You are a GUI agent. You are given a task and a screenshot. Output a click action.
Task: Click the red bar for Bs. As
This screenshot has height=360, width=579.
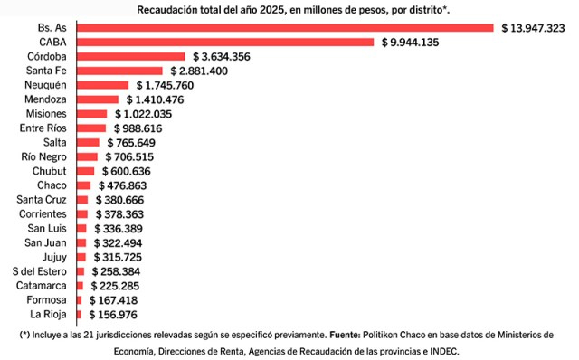click(285, 28)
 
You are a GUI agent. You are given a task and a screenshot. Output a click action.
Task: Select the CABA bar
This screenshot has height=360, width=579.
click(225, 43)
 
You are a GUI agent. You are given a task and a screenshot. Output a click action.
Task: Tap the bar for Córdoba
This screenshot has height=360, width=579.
click(130, 56)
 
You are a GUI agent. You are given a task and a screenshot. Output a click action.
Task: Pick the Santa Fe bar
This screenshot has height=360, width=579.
click(119, 71)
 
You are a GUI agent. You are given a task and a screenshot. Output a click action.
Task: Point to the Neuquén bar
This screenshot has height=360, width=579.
click(102, 85)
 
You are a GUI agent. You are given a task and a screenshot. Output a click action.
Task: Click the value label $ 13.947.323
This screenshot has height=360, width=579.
click(533, 28)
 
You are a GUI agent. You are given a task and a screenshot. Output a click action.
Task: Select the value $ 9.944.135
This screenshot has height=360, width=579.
click(410, 43)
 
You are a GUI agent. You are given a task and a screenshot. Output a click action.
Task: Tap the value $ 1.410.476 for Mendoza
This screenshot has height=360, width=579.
click(155, 99)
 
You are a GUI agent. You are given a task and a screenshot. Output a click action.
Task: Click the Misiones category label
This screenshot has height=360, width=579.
click(46, 114)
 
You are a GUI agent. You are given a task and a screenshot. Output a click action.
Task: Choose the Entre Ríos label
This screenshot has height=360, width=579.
click(43, 128)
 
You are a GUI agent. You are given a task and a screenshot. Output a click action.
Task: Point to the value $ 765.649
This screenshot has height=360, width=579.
click(131, 143)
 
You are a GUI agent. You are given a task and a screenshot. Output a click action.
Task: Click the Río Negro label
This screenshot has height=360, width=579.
click(44, 156)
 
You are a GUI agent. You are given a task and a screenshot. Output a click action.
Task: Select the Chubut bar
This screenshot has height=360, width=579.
click(85, 171)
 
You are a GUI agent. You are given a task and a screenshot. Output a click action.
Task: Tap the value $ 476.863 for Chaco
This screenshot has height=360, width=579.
click(123, 185)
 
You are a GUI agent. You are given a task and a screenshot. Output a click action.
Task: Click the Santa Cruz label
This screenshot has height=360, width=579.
click(42, 200)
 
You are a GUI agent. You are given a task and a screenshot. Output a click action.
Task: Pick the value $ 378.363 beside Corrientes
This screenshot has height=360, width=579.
click(119, 214)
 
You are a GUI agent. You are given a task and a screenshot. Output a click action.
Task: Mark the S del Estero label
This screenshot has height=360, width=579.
click(40, 271)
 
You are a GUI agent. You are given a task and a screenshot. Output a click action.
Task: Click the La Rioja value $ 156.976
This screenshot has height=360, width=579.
click(113, 315)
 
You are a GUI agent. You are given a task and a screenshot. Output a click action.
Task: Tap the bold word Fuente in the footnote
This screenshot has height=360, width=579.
click(345, 335)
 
